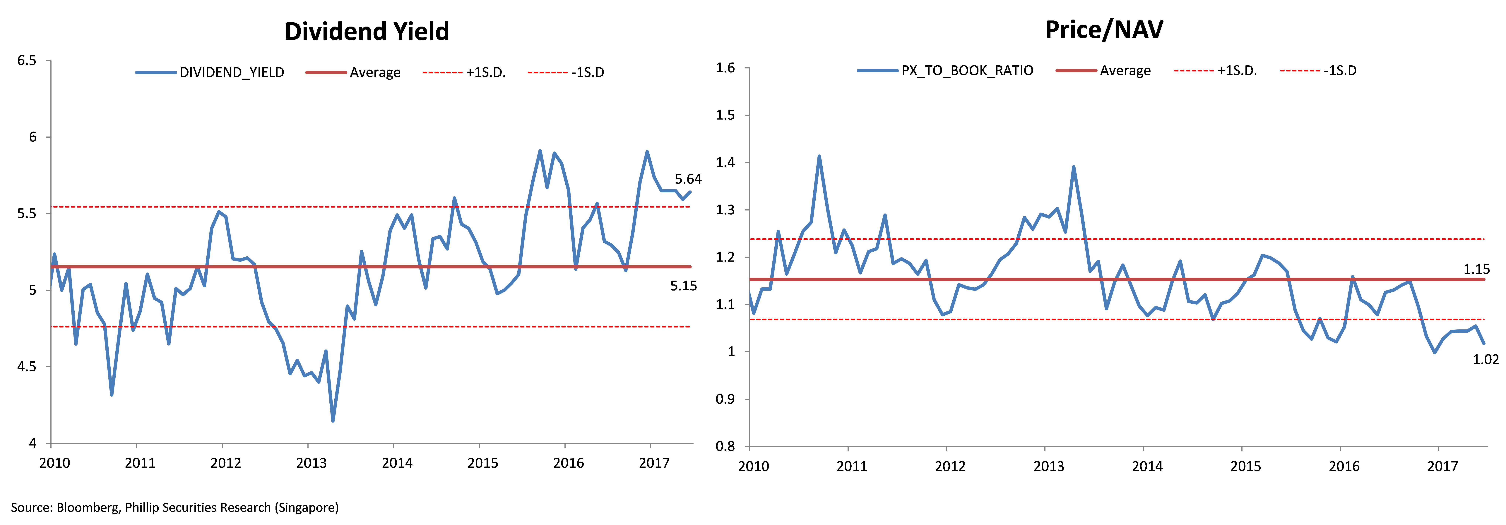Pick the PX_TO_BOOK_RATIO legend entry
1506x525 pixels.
(x=945, y=71)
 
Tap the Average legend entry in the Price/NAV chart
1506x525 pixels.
(x=1103, y=71)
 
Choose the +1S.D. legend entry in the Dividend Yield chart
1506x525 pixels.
(x=464, y=72)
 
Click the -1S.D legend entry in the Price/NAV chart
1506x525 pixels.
(x=1318, y=71)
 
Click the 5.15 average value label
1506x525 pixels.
(x=683, y=286)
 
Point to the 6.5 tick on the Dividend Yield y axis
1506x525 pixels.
(x=27, y=61)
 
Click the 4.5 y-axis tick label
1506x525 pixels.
(x=27, y=367)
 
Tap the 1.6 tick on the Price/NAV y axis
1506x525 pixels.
(x=725, y=68)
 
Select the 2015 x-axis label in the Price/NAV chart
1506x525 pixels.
(x=1246, y=466)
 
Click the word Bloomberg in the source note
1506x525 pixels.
(x=88, y=507)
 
